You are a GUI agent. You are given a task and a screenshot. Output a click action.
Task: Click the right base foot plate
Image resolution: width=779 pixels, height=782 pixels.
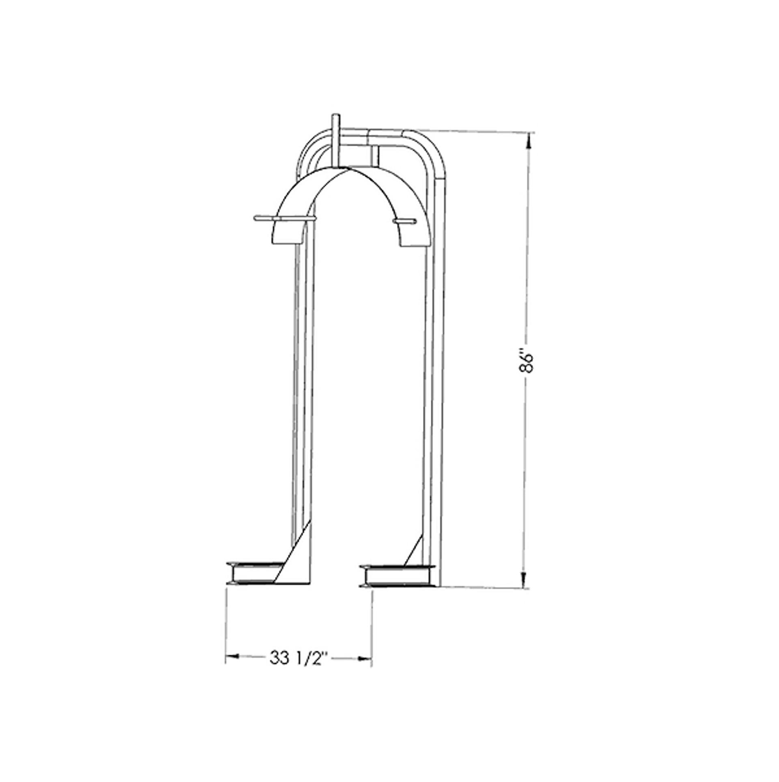396,576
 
